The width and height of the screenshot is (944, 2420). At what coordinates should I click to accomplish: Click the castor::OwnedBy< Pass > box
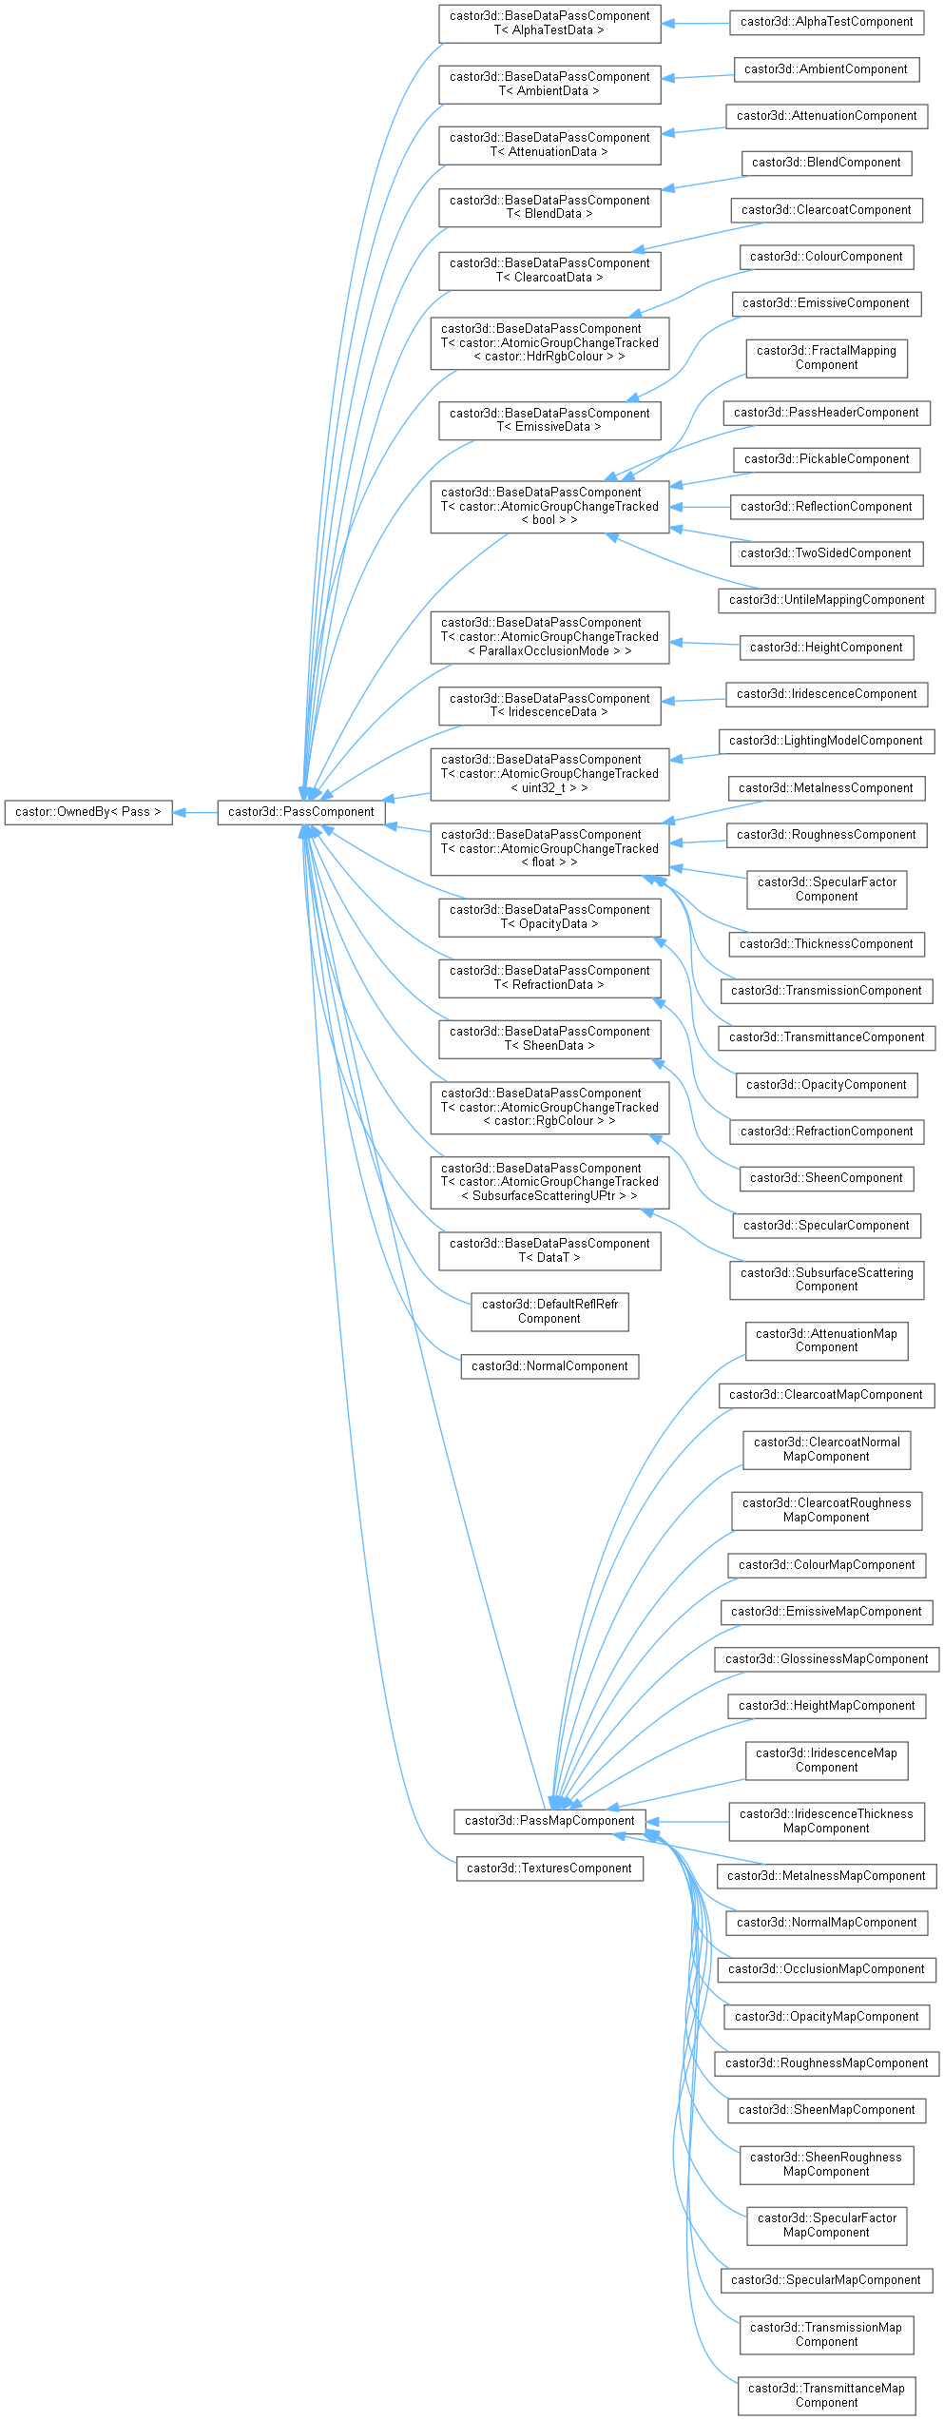pos(88,812)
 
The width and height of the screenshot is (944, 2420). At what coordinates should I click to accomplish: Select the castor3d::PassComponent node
pos(301,812)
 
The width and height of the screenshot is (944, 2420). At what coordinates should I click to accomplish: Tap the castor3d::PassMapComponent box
pos(549,1821)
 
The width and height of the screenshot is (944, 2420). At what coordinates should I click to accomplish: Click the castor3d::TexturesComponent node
pos(549,1868)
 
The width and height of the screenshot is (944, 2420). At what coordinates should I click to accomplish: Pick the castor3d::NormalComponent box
pos(549,1366)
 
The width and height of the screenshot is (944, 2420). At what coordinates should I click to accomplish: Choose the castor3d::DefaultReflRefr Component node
pos(549,1312)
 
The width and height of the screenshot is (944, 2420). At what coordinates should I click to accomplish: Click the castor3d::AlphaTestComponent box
pos(826,22)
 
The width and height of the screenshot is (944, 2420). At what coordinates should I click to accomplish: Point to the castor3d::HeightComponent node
pos(826,648)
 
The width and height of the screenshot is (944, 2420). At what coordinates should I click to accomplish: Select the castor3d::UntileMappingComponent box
pos(826,600)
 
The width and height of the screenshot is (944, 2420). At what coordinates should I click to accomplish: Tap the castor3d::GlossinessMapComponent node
pos(826,1659)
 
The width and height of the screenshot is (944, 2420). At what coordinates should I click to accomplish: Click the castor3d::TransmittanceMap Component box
pos(826,2396)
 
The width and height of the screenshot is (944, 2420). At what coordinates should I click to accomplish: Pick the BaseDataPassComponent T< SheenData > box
pos(549,1039)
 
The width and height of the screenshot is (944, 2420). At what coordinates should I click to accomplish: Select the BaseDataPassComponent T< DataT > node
pos(549,1251)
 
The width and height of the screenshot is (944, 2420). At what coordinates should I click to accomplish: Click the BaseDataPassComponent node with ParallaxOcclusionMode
pos(549,637)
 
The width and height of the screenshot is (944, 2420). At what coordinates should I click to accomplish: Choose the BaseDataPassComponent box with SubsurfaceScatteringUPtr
pos(549,1183)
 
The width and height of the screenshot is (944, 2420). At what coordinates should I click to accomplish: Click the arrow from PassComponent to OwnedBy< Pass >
pos(195,812)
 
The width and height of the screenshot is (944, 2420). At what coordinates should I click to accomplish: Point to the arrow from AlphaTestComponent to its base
pos(695,23)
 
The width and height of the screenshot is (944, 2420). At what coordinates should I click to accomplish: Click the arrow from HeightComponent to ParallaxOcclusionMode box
pos(704,645)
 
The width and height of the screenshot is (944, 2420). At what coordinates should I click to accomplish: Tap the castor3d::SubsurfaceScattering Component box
pos(826,1280)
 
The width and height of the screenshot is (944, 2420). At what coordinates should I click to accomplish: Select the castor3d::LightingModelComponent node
pos(826,741)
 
